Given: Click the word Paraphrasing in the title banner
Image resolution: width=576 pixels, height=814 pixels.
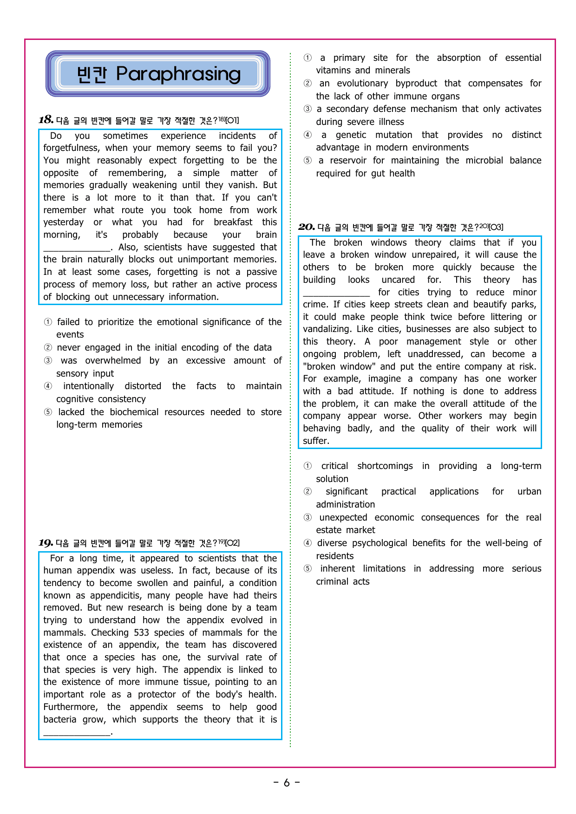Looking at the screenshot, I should pyautogui.click(x=178, y=74).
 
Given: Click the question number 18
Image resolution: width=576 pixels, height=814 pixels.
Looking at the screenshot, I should pyautogui.click(x=46, y=120).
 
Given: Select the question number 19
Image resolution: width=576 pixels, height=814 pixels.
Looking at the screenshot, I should pyautogui.click(x=46, y=543).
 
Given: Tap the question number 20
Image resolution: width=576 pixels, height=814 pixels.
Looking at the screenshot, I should pyautogui.click(x=306, y=227).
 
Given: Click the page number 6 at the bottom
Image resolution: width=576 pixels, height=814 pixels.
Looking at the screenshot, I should pyautogui.click(x=287, y=783).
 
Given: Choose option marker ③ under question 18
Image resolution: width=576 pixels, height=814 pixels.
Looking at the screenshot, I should pyautogui.click(x=48, y=360).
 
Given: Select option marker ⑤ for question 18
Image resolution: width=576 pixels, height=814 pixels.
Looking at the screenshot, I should pyautogui.click(x=48, y=412).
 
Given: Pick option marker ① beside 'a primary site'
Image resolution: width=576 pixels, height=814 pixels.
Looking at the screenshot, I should pyautogui.click(x=308, y=58).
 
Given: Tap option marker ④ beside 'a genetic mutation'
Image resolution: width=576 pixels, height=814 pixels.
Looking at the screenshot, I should pyautogui.click(x=308, y=135).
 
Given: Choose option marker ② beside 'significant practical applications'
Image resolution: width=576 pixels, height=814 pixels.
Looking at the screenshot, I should pyautogui.click(x=308, y=491).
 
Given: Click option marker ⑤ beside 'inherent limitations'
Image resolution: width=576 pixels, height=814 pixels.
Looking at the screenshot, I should pyautogui.click(x=308, y=568).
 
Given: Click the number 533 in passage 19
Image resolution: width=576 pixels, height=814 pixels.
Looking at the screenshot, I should pyautogui.click(x=141, y=632).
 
